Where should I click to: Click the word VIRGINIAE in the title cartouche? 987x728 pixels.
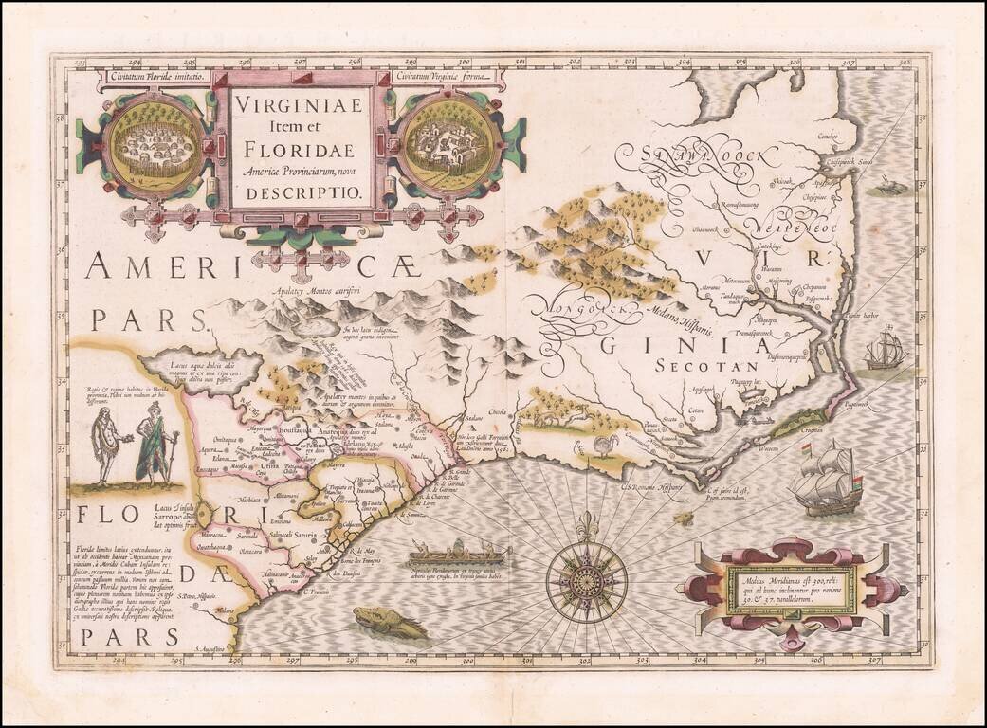[x=298, y=105]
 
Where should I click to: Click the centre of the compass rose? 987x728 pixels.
[x=586, y=575]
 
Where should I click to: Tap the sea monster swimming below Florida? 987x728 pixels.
[x=390, y=622]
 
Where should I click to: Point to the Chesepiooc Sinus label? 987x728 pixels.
[x=850, y=162]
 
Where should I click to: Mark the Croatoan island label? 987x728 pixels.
[x=836, y=430]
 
